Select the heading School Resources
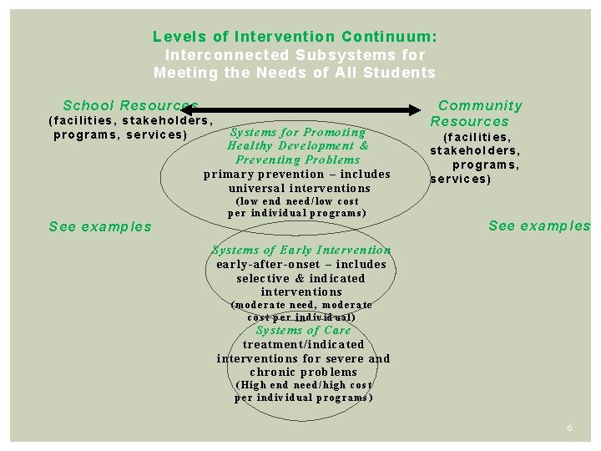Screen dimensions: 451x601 click(130, 105)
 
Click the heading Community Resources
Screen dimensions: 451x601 click(475, 114)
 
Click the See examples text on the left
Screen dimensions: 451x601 click(100, 226)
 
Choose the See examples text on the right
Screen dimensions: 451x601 click(538, 225)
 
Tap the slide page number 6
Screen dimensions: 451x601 click(569, 427)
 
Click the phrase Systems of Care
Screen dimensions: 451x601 click(303, 330)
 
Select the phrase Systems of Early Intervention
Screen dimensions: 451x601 click(301, 250)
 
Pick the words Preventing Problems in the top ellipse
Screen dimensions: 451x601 click(298, 160)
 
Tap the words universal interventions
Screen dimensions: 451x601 click(298, 188)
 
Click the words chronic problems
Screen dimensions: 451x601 click(303, 372)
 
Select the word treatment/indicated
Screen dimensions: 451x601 click(303, 344)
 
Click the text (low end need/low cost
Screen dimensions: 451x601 click(298, 201)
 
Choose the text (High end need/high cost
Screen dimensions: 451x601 click(304, 385)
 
